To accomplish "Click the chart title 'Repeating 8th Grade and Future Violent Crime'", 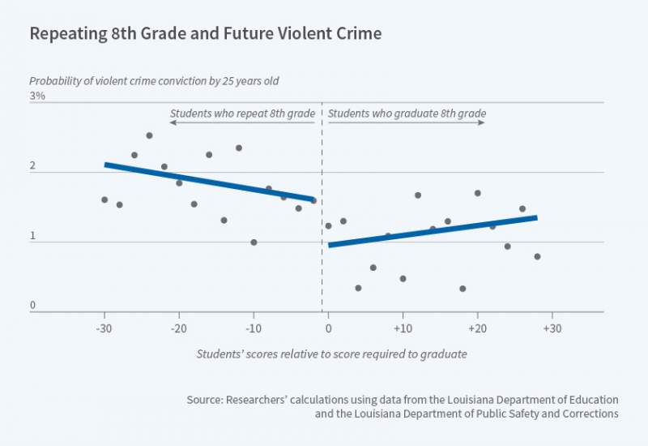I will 205,34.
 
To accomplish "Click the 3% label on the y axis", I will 37,96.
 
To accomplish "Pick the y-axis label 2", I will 33,166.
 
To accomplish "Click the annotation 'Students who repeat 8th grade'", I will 242,114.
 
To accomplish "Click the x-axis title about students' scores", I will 331,354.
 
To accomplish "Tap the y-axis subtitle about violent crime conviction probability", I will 154,81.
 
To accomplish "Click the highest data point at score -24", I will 149,135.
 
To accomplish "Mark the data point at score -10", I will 254,242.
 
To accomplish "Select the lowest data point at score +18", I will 463,289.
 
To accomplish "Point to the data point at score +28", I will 537,256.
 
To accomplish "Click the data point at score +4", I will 358,288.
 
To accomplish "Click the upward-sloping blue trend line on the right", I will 433,231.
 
